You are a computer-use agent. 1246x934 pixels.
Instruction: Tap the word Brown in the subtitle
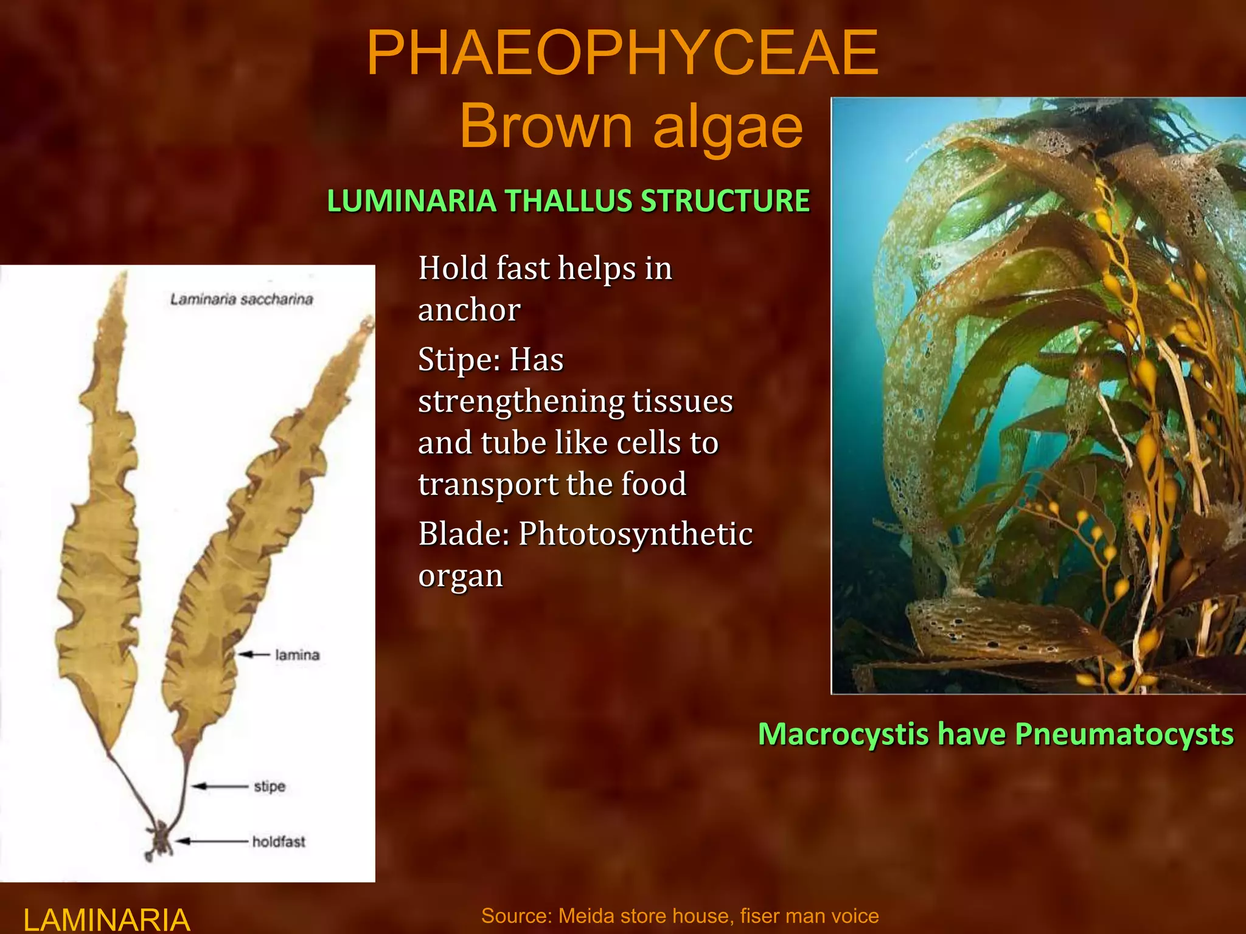[x=546, y=126]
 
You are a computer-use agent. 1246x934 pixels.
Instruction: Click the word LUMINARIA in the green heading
[x=411, y=201]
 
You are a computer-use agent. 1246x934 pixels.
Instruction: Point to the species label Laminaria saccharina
[x=242, y=299]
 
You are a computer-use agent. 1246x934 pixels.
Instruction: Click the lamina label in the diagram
[x=297, y=655]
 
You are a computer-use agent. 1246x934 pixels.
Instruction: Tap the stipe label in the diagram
[x=270, y=786]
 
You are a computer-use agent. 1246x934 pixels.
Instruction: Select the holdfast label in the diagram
[x=279, y=842]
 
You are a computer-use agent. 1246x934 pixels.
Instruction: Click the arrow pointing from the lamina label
[x=254, y=655]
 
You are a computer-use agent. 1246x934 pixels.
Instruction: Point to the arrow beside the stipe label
[x=220, y=786]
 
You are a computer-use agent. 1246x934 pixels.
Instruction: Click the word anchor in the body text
[x=469, y=310]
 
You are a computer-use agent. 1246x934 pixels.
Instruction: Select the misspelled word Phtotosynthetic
[x=635, y=534]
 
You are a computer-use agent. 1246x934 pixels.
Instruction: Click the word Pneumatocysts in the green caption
[x=1124, y=734]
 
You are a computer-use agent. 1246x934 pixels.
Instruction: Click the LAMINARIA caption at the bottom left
[x=106, y=919]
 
